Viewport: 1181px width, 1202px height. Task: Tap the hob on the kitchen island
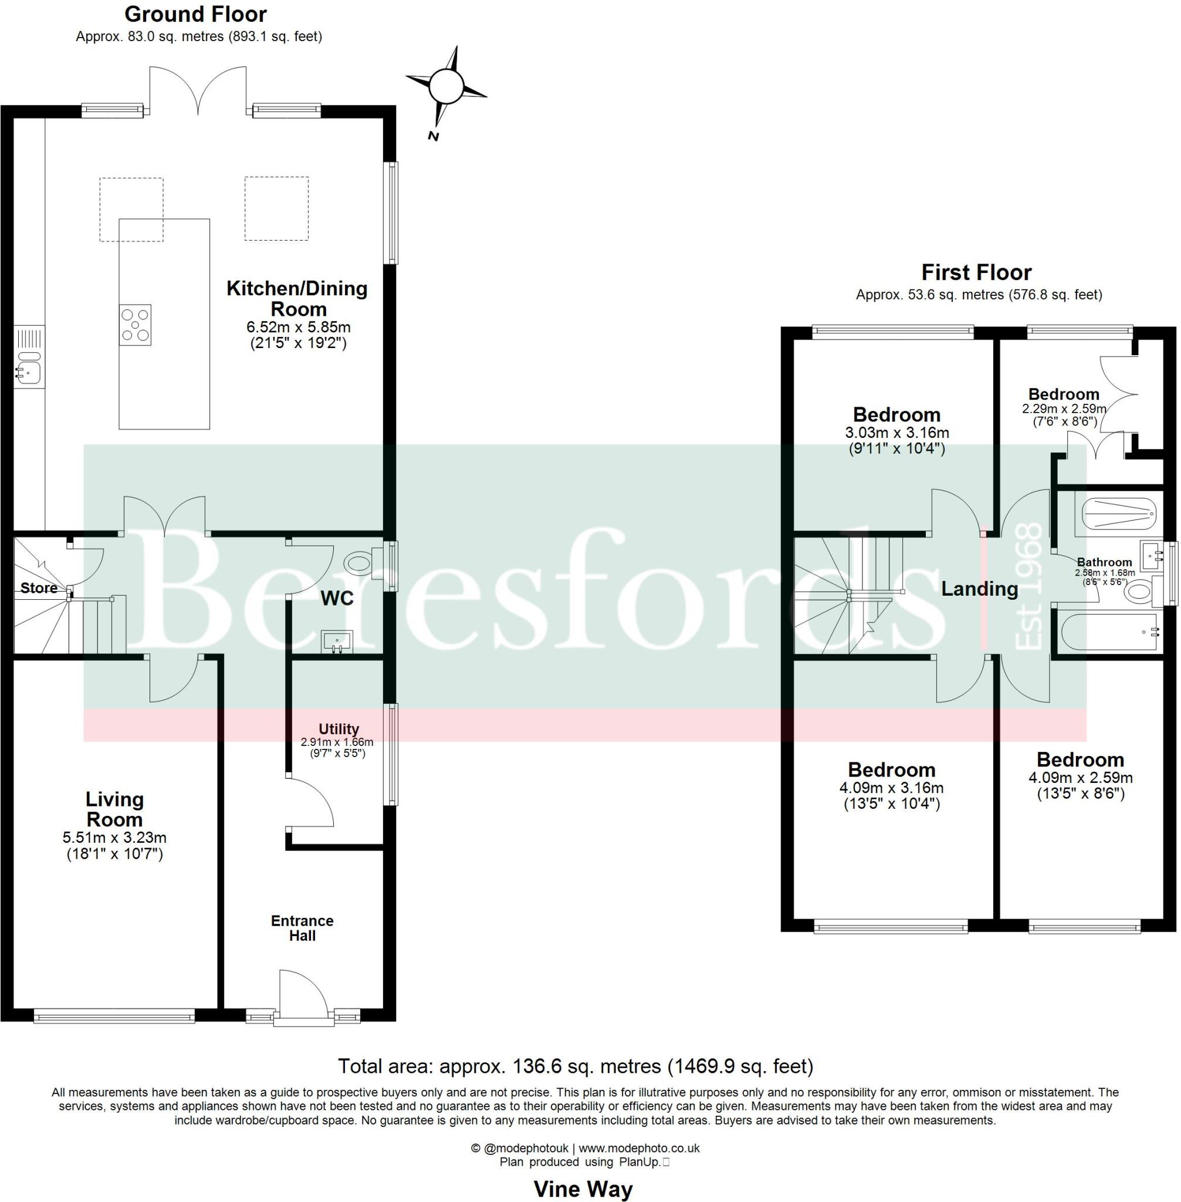click(135, 325)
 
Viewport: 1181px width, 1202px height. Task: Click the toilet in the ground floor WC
click(363, 563)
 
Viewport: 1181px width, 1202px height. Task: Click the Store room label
click(39, 588)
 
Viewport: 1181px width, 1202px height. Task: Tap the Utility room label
click(338, 728)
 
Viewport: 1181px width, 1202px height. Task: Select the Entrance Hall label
click(302, 928)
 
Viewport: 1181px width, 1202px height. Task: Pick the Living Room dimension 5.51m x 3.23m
click(114, 837)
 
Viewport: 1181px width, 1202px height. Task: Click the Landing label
click(979, 588)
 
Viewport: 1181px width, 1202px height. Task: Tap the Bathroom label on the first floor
click(1104, 562)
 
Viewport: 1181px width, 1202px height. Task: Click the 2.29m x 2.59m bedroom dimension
click(1064, 409)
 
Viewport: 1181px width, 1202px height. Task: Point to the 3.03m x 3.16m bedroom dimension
click(896, 433)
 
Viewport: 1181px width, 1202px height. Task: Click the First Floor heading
click(976, 272)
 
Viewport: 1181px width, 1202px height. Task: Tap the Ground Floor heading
click(195, 13)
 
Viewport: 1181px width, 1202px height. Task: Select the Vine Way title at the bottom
click(583, 1189)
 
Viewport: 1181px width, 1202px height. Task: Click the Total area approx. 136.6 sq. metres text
click(575, 1066)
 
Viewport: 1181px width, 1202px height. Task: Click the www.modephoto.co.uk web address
click(639, 1148)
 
